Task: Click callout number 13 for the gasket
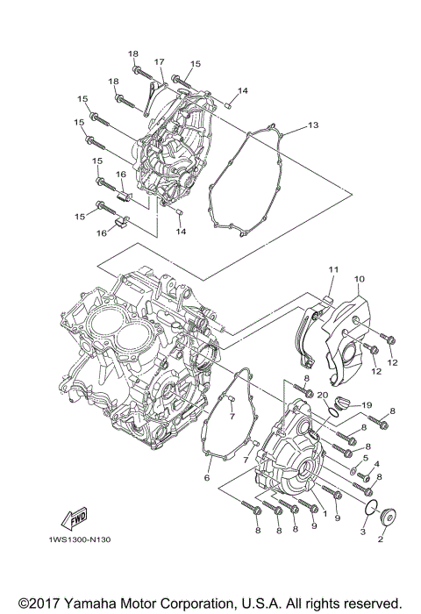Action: (x=313, y=125)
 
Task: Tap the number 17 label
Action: (x=160, y=61)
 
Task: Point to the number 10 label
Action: (x=359, y=279)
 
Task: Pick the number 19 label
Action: (x=367, y=405)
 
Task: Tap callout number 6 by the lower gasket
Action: (x=207, y=478)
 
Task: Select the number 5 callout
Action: (x=365, y=458)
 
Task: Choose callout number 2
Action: (x=381, y=540)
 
